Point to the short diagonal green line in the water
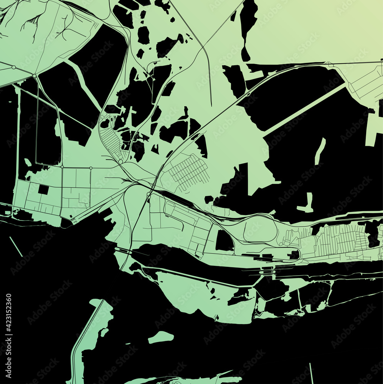coord(16,247)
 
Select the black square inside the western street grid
coord(43,190)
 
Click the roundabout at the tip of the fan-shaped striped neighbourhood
coord(121,162)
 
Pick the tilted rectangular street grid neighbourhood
coord(188,172)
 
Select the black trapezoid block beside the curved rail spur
coord(224,241)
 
